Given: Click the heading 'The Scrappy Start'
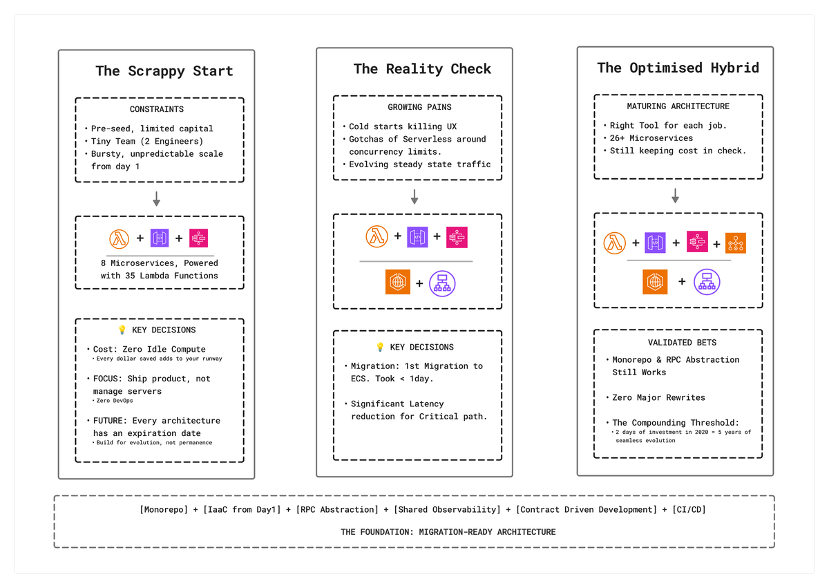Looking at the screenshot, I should click(164, 71).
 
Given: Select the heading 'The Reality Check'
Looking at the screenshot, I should click(422, 69).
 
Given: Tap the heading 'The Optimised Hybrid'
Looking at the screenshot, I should click(678, 68).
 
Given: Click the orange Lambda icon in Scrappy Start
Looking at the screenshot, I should click(120, 238).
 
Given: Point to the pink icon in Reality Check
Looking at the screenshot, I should click(457, 236).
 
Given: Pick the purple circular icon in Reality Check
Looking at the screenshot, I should click(443, 283).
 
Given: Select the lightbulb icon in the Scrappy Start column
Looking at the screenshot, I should click(122, 330).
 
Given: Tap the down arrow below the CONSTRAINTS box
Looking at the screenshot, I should click(157, 199).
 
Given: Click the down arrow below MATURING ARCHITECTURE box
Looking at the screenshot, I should click(676, 196).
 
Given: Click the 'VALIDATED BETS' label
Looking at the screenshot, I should click(678, 342).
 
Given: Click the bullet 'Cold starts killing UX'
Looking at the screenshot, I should click(403, 126).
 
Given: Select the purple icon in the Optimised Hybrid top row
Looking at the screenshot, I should click(655, 243).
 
